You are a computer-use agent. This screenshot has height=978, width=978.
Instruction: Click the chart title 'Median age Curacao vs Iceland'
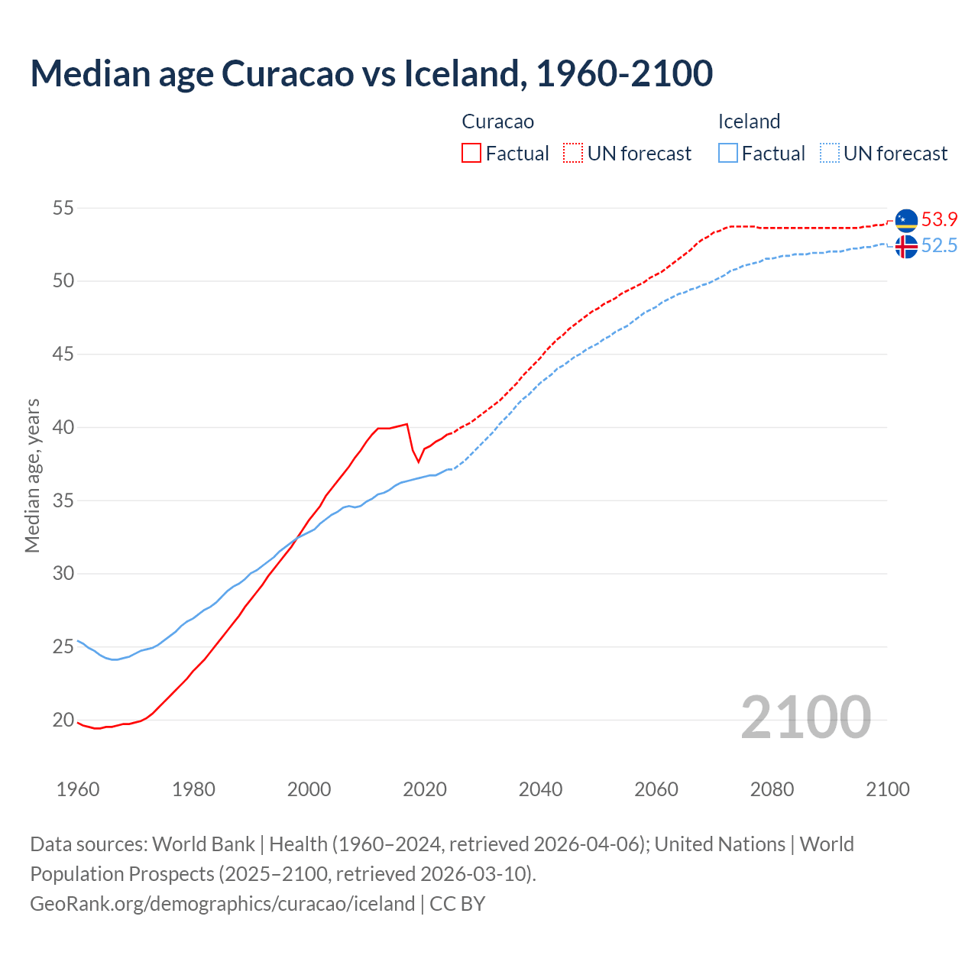[x=371, y=73]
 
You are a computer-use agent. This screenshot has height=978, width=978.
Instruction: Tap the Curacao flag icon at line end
[x=906, y=220]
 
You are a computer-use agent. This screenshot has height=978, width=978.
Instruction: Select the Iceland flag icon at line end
[x=906, y=247]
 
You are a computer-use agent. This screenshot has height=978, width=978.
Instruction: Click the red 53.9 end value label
[x=939, y=220]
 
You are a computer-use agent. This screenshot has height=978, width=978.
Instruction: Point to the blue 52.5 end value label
[x=939, y=246]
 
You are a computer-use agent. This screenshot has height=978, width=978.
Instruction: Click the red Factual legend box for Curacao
[x=471, y=154]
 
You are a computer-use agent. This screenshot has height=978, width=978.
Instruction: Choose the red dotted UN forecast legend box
[x=573, y=154]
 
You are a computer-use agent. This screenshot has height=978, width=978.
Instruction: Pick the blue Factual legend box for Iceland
[x=728, y=154]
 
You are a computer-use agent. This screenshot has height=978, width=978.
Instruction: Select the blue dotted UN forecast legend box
[x=830, y=154]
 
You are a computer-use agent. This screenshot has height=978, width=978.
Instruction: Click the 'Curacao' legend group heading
[x=497, y=121]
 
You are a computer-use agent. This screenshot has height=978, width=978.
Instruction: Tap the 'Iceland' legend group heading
[x=749, y=121]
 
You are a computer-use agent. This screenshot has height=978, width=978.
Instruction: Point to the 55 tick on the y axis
[x=63, y=208]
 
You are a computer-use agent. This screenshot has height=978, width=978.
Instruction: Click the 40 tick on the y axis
[x=63, y=427]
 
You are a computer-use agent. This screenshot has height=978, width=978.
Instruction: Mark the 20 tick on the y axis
[x=63, y=720]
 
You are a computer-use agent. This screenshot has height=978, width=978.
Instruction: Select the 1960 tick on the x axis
[x=78, y=789]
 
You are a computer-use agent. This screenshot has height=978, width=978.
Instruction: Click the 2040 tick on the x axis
[x=540, y=789]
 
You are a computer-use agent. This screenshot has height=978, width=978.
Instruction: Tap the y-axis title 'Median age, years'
[x=32, y=475]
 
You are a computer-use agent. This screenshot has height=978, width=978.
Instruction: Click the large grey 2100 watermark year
[x=805, y=717]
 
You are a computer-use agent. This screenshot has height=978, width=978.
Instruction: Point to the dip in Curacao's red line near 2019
[x=418, y=461]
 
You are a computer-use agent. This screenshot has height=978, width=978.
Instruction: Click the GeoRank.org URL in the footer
[x=222, y=903]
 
